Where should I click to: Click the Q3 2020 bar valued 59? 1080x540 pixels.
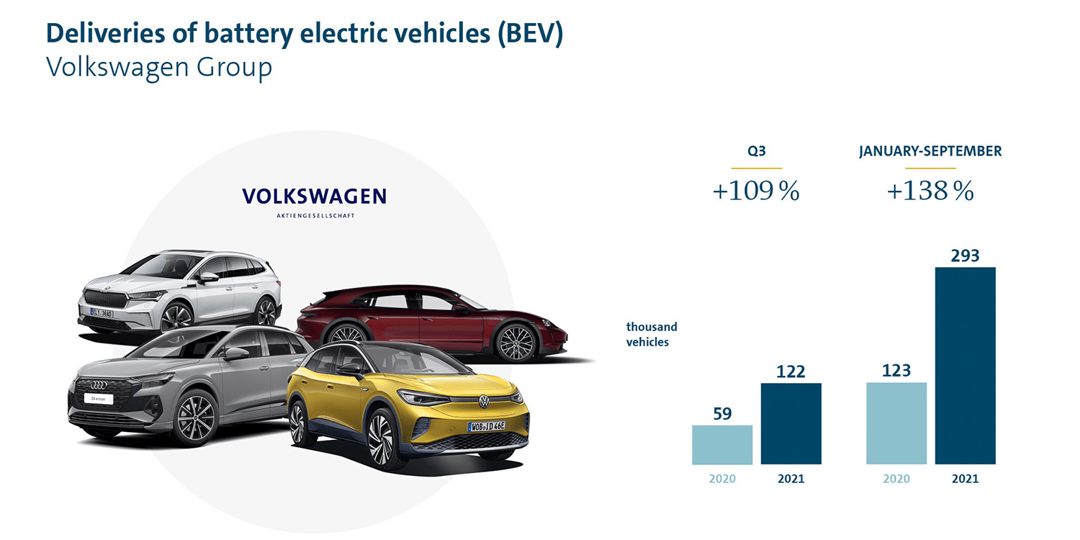pos(722,444)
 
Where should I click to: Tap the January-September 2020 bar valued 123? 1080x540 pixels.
pos(896,423)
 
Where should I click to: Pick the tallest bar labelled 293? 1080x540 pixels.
pos(966,366)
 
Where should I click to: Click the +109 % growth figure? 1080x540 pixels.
pos(756,192)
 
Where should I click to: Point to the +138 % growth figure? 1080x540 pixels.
pos(930,192)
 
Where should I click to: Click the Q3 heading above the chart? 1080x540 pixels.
pos(756,152)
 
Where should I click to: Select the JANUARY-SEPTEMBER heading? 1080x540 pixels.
pos(930,152)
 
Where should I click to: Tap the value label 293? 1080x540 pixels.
pos(966,256)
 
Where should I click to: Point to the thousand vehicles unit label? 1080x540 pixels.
pos(652,334)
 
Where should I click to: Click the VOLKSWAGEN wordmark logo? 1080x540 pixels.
pos(315,196)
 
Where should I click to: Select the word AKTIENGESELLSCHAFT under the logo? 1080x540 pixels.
pos(315,215)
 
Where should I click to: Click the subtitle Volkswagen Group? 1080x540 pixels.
pos(159,67)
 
